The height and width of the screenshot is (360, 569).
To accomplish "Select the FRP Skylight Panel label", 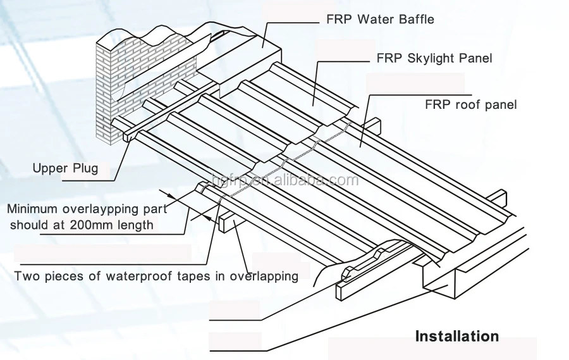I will pyautogui.click(x=434, y=58).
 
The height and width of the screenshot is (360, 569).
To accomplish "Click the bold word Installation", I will pyautogui.click(x=456, y=335).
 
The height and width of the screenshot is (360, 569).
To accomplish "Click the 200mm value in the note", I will pyautogui.click(x=87, y=224).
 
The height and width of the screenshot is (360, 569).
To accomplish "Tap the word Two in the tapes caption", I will pyautogui.click(x=26, y=276).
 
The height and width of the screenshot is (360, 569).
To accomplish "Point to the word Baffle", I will pyautogui.click(x=415, y=19).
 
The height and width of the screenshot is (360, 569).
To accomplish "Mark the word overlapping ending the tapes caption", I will pyautogui.click(x=264, y=276).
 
